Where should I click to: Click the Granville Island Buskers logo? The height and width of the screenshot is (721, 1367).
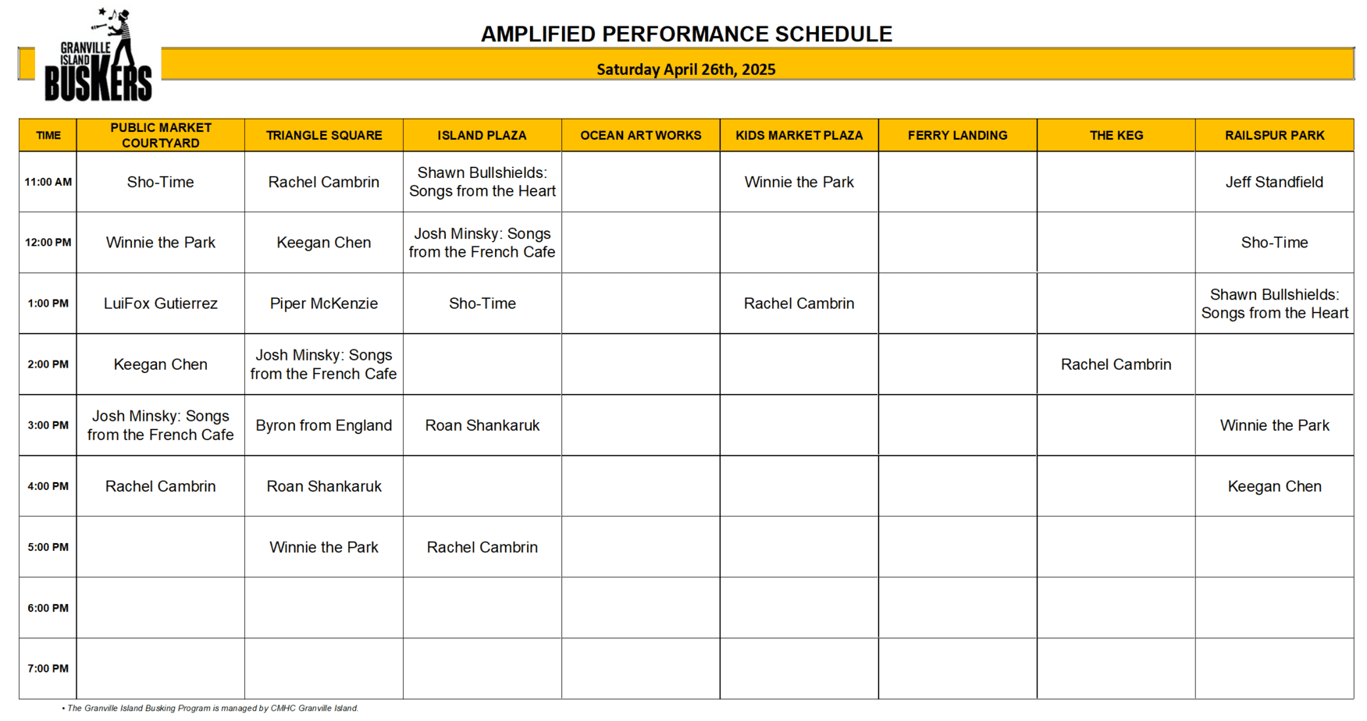click(x=98, y=55)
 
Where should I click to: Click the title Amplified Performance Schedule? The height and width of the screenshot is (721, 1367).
click(x=686, y=34)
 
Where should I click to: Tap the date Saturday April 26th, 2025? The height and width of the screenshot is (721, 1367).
click(x=686, y=69)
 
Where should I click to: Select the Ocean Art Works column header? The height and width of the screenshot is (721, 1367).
click(x=640, y=135)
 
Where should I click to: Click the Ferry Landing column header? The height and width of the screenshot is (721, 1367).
click(x=957, y=135)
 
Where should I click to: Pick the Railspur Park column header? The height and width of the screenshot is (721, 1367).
click(x=1274, y=135)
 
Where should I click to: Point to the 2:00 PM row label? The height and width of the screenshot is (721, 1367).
click(x=48, y=364)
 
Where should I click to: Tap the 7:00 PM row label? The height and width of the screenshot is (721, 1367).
click(x=48, y=669)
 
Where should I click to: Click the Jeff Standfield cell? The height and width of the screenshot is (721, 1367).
click(x=1274, y=182)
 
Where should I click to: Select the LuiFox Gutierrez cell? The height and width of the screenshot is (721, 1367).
click(x=161, y=304)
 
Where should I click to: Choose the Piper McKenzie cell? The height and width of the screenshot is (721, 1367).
click(x=324, y=304)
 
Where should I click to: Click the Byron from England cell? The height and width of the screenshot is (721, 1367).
click(x=324, y=425)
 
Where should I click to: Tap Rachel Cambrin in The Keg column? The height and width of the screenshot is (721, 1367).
click(x=1116, y=364)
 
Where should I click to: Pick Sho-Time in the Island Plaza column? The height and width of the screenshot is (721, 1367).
click(x=482, y=304)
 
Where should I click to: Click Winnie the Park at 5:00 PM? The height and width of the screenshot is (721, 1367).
click(x=324, y=547)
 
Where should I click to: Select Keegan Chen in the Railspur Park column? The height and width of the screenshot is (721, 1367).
click(x=1274, y=486)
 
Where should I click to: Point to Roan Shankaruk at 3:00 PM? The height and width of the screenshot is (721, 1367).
click(x=482, y=425)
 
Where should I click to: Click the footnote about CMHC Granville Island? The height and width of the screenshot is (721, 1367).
click(x=210, y=709)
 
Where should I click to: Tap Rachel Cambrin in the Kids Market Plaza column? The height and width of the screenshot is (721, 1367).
click(x=799, y=304)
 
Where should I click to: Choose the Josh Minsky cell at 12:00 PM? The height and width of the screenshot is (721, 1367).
click(x=482, y=243)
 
